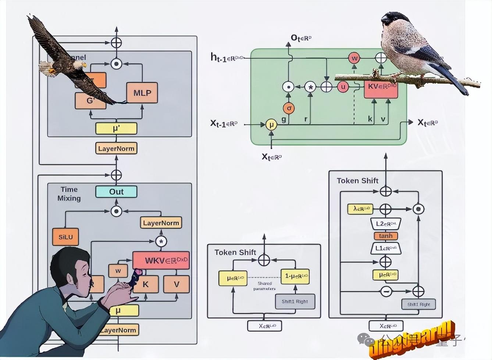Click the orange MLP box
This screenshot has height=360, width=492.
(142, 93)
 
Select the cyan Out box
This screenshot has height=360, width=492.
(116, 191)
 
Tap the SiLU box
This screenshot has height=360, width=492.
(65, 237)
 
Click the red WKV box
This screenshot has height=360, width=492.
(161, 260)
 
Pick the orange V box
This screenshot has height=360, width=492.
(177, 284)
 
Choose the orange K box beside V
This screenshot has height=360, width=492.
(146, 284)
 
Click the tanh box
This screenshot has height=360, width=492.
(385, 236)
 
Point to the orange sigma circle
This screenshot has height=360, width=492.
(289, 108)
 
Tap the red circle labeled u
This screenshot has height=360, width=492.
(343, 87)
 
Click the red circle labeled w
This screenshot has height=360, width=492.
(354, 58)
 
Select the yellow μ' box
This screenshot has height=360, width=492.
(116, 129)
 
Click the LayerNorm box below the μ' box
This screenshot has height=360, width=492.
(116, 148)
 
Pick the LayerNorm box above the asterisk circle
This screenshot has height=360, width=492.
(161, 223)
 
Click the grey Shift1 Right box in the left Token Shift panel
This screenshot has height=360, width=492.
(295, 302)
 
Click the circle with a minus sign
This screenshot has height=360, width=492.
(386, 291)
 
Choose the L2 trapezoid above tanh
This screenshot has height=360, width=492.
(385, 224)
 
